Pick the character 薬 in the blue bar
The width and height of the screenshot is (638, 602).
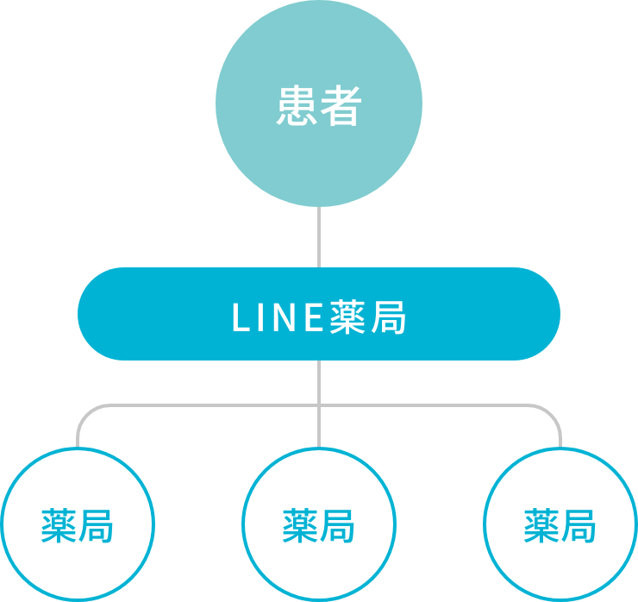coord(349,318)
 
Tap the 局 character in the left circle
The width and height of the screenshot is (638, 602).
coord(96,525)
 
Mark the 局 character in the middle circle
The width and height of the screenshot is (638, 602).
coord(337,525)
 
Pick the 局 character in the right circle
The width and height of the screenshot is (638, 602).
coord(579,525)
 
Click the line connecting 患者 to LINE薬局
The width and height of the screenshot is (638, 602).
coord(319,237)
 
